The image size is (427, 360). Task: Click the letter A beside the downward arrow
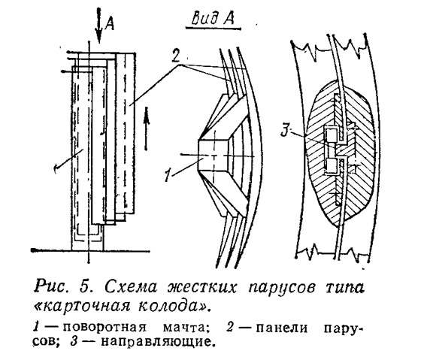tap(110, 23)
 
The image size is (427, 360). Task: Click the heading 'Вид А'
tap(213, 19)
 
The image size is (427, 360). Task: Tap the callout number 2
tap(176, 56)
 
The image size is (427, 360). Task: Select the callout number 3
tap(285, 131)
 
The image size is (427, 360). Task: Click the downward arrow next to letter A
tap(98, 26)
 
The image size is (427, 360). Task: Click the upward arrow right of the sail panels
tap(147, 129)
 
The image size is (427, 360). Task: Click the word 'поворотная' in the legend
tap(104, 328)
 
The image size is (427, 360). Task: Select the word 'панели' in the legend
tap(282, 328)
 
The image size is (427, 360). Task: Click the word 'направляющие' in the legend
tap(156, 341)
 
